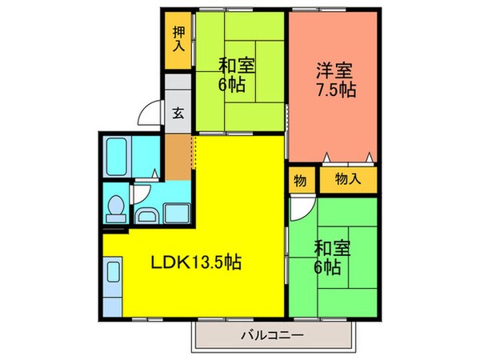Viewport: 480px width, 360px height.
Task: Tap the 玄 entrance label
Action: pos(177,111)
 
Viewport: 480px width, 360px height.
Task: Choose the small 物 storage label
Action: pos(299,180)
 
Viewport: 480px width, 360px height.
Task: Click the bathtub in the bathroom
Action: pos(118,155)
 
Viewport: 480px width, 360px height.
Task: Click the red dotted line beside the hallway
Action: pos(193,152)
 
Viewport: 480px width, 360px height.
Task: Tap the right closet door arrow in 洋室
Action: pos(368,155)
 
